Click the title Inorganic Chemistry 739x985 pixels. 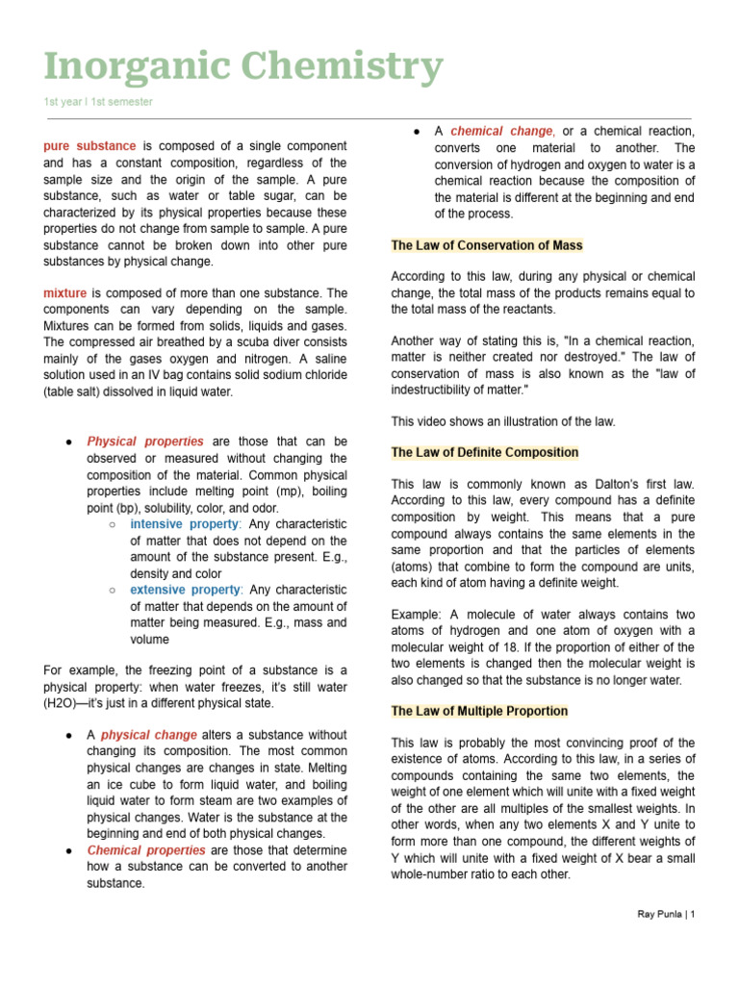pyautogui.click(x=243, y=67)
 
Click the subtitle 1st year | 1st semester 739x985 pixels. pyautogui.click(x=97, y=102)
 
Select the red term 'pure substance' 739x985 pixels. pyautogui.click(x=89, y=146)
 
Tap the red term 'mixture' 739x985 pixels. pyautogui.click(x=64, y=292)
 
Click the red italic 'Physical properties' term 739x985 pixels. pyautogui.click(x=146, y=442)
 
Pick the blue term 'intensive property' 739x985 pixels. pyautogui.click(x=184, y=524)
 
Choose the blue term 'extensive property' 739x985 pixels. pyautogui.click(x=185, y=590)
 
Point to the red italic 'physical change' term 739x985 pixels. pyautogui.click(x=148, y=735)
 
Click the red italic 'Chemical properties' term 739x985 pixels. pyautogui.click(x=146, y=850)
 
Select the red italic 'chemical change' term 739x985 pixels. pyautogui.click(x=501, y=131)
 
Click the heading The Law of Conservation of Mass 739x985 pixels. pyautogui.click(x=487, y=245)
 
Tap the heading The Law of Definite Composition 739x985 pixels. pyautogui.click(x=485, y=452)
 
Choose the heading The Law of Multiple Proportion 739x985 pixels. pyautogui.click(x=479, y=711)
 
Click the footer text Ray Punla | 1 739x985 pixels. pyautogui.click(x=666, y=914)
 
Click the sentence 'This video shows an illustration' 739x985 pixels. pyautogui.click(x=503, y=421)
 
